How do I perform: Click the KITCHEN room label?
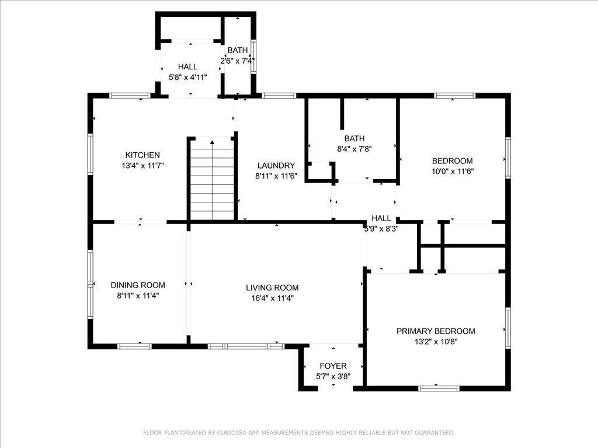coord(142,155)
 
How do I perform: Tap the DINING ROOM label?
coord(138,285)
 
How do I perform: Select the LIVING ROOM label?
coord(272,288)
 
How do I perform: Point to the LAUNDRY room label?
coord(276,165)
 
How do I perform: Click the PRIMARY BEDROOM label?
coord(436,331)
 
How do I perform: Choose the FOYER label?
coord(333,366)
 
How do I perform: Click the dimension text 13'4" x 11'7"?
coord(142,166)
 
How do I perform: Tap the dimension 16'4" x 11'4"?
coord(272,298)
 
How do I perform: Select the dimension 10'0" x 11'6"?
coord(453,171)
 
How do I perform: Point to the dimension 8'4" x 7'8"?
coord(354,149)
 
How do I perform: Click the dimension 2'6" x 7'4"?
coord(237,61)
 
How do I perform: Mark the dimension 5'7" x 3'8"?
coord(333,377)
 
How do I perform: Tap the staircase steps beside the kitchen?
coord(212,178)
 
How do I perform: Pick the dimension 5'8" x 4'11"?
coord(187,78)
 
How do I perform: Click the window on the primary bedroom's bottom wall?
coord(439,388)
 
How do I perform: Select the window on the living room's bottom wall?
coord(246,346)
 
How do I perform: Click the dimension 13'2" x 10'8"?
coord(436,342)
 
